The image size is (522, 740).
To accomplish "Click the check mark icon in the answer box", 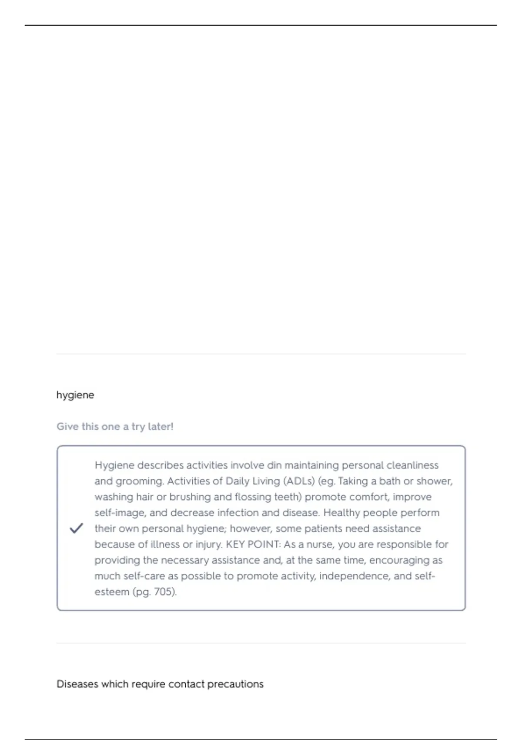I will pyautogui.click(x=76, y=528).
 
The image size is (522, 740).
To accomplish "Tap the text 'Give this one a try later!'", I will pyautogui.click(x=115, y=427).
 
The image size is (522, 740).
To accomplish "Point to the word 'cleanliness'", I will pyautogui.click(x=412, y=465).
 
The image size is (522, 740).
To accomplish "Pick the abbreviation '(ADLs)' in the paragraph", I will pyautogui.click(x=299, y=481).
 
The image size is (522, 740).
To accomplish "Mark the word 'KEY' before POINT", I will pyautogui.click(x=235, y=544).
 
